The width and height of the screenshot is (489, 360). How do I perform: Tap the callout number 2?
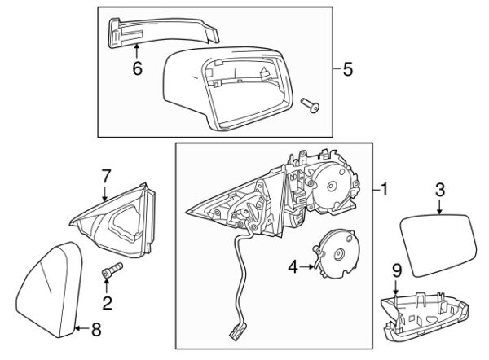click(106, 305)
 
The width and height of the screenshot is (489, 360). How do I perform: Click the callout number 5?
click(348, 69)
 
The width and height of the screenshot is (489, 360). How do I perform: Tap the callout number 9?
click(396, 270)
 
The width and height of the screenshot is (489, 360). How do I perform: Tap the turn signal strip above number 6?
click(163, 30)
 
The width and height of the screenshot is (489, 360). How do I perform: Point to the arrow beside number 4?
click(308, 265)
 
